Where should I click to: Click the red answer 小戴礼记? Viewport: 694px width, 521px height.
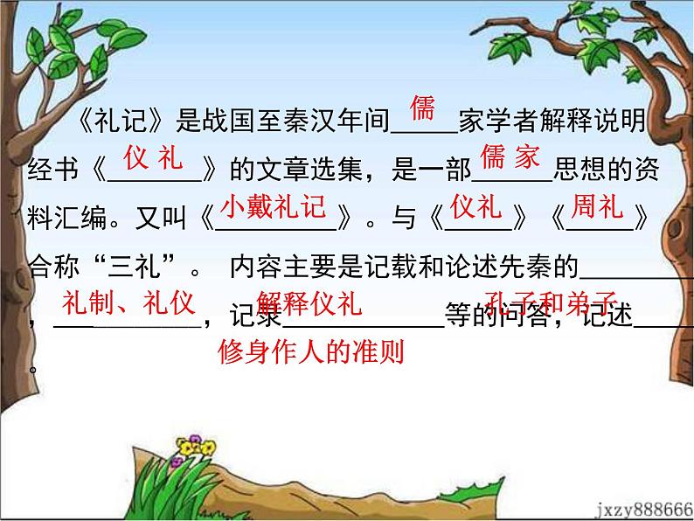(x=273, y=207)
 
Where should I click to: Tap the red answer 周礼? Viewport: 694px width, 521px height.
(x=596, y=207)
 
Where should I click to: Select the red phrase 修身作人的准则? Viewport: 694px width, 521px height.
(x=310, y=351)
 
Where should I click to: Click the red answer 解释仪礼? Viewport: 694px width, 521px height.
(x=309, y=305)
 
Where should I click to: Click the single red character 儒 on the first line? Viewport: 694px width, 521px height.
(x=422, y=109)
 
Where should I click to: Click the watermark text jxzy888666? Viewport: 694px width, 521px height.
(x=643, y=509)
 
